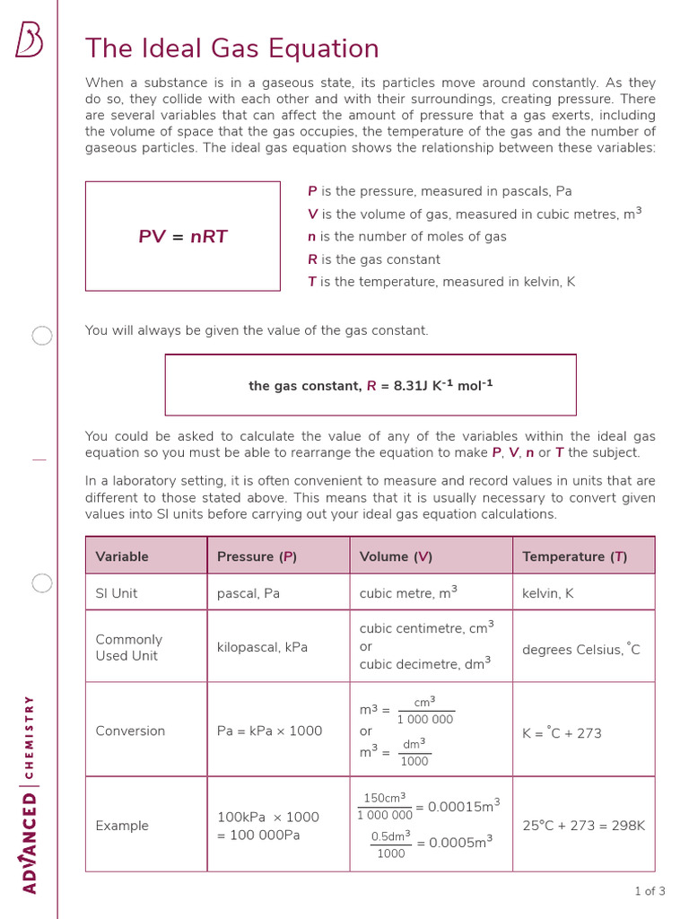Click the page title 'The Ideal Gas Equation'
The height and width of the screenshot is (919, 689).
231,48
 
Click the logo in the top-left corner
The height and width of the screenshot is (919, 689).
29,41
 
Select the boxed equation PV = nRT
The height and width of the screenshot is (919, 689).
183,237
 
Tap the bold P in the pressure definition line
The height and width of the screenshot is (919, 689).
312,191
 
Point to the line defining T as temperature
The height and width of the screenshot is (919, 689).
441,282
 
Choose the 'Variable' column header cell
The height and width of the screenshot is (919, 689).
122,556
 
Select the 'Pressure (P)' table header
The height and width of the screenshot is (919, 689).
257,556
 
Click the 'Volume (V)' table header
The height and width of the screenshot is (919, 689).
396,556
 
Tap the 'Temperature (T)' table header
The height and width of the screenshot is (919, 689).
574,556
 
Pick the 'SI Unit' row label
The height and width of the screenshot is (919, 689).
117,593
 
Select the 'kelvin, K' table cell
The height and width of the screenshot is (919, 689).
548,593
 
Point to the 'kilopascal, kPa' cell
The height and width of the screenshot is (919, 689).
262,647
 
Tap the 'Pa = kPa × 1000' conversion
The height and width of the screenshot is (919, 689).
269,731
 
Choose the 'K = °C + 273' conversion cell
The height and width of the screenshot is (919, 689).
562,733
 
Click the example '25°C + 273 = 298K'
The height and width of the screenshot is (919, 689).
583,826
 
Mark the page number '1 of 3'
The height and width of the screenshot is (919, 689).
650,891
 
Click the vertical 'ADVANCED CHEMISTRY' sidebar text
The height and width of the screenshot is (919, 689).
29,794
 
